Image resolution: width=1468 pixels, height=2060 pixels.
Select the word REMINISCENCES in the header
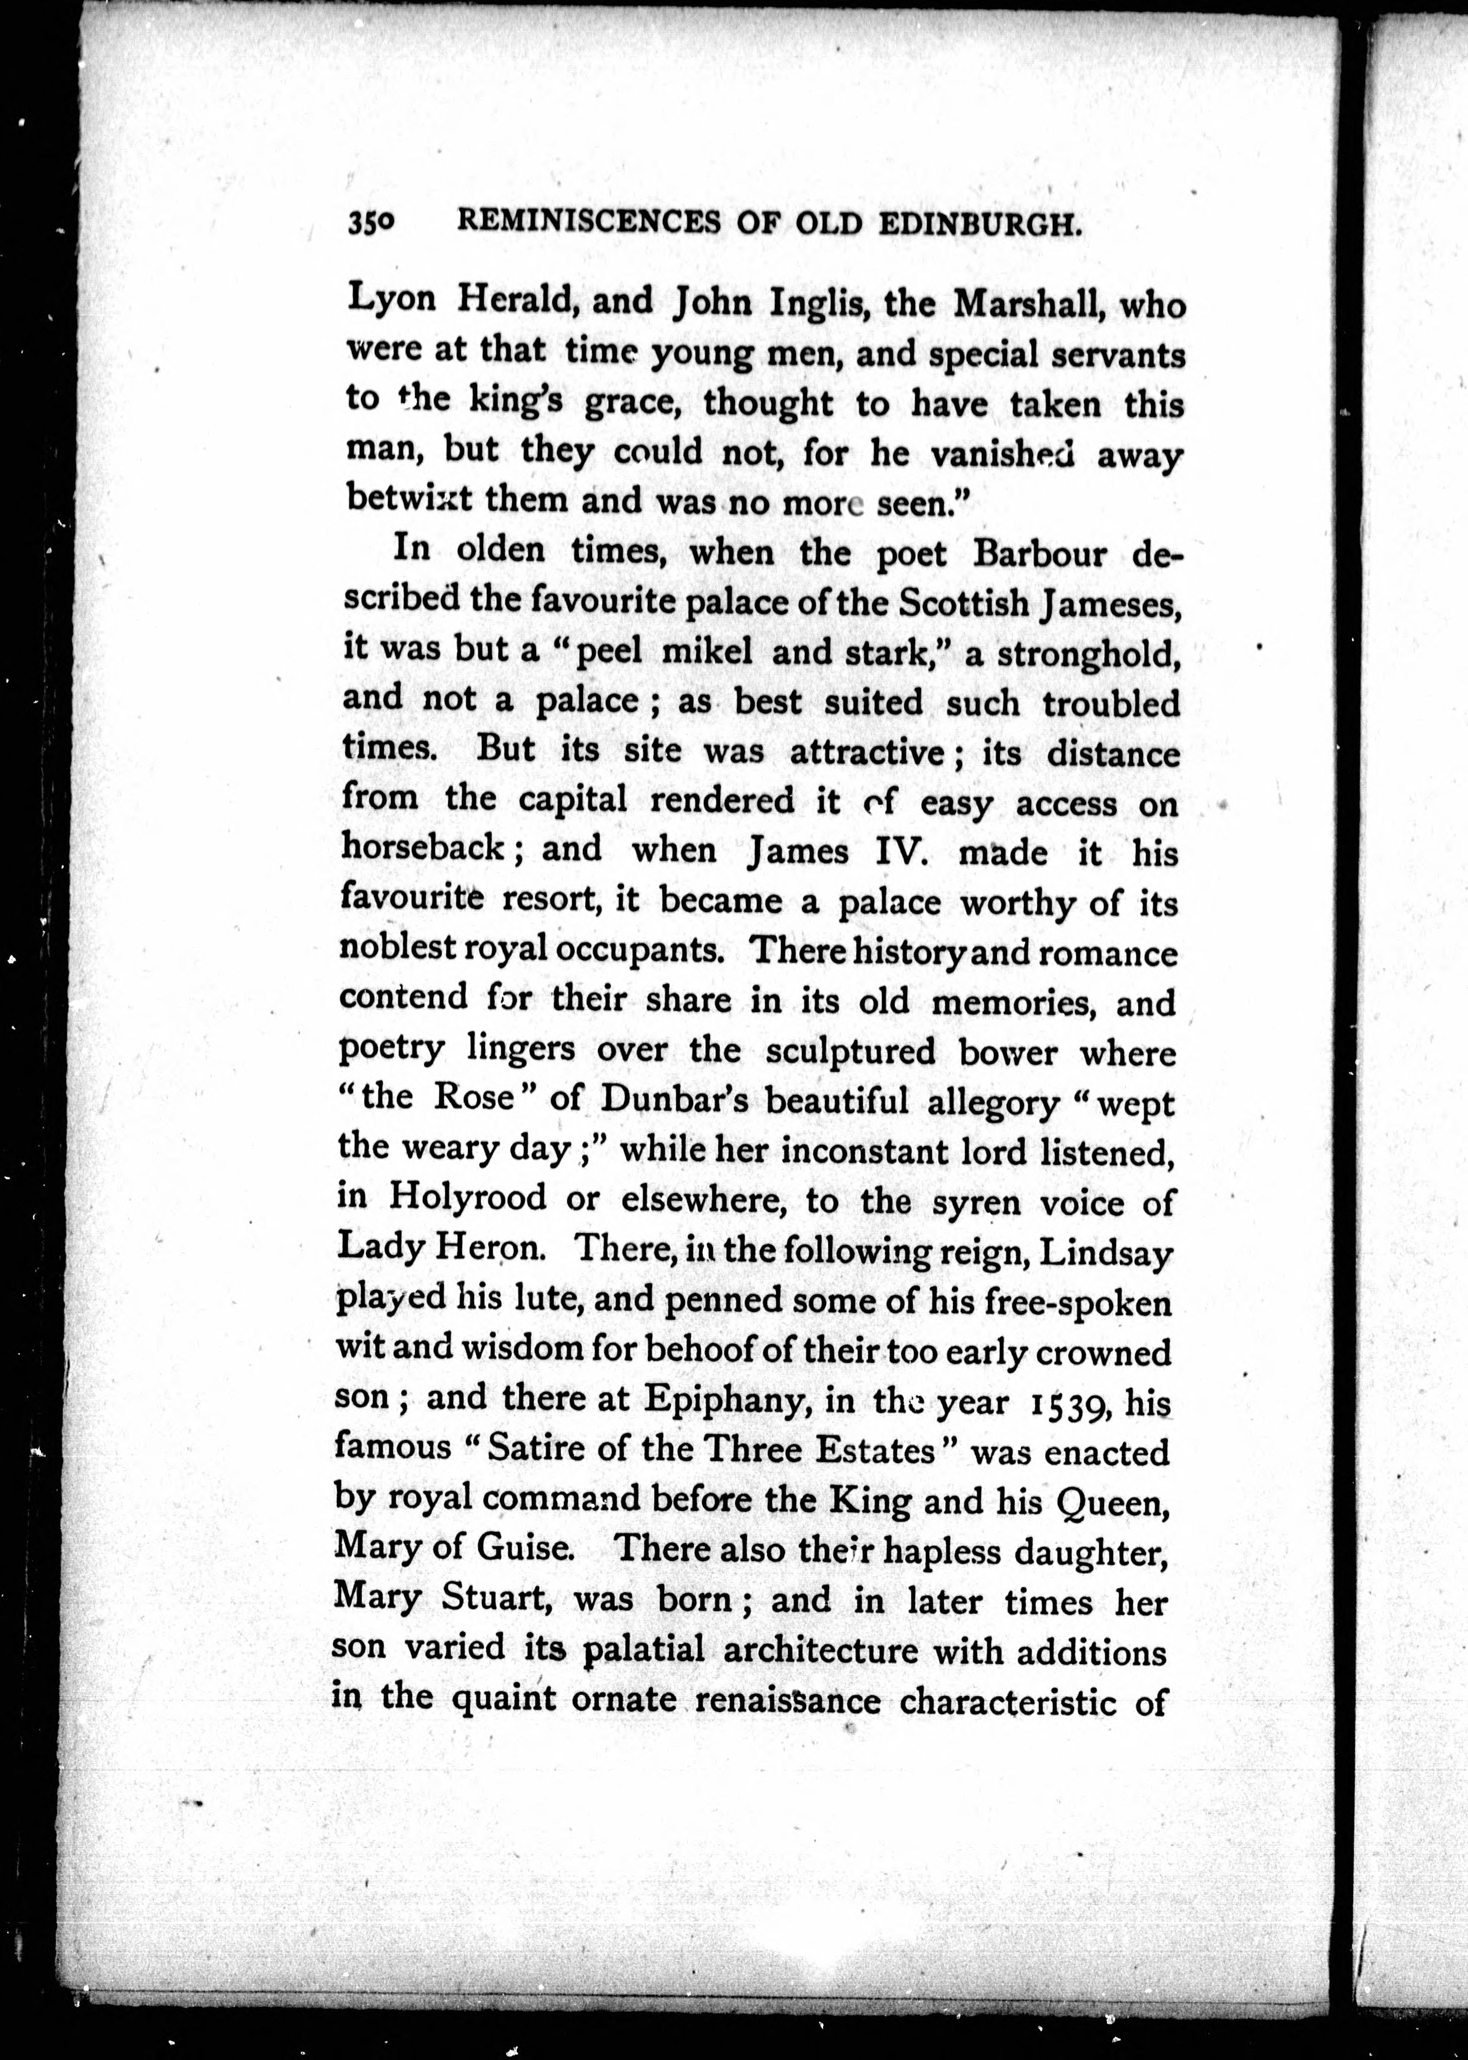pyautogui.click(x=588, y=223)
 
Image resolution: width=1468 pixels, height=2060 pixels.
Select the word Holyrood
pyautogui.click(x=467, y=1198)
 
